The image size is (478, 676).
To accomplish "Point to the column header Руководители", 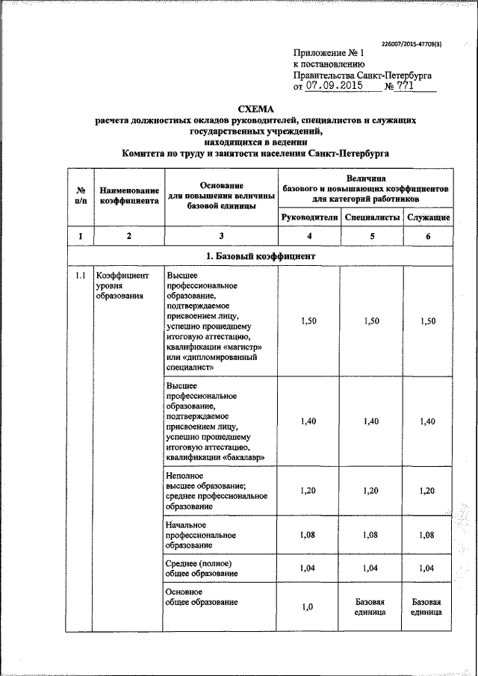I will pos(308,217).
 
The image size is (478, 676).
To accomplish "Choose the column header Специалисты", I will pos(371,217).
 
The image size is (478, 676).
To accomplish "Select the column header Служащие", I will pos(428,217).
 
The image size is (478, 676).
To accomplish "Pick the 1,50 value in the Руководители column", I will pos(308,320).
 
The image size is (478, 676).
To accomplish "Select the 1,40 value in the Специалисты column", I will pos(371,421).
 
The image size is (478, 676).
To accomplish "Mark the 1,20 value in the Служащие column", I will pos(428,491).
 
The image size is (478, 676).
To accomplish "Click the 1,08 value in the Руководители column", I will pos(308,535).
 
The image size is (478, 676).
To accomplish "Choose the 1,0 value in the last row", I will pos(308,607).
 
